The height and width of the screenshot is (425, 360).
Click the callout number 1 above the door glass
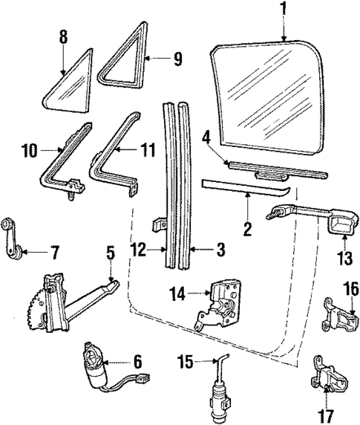point(283,10)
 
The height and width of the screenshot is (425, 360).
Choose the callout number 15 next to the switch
point(186,362)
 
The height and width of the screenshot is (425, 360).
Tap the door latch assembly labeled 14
point(220,305)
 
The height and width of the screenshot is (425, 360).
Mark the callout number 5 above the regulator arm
point(110,253)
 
